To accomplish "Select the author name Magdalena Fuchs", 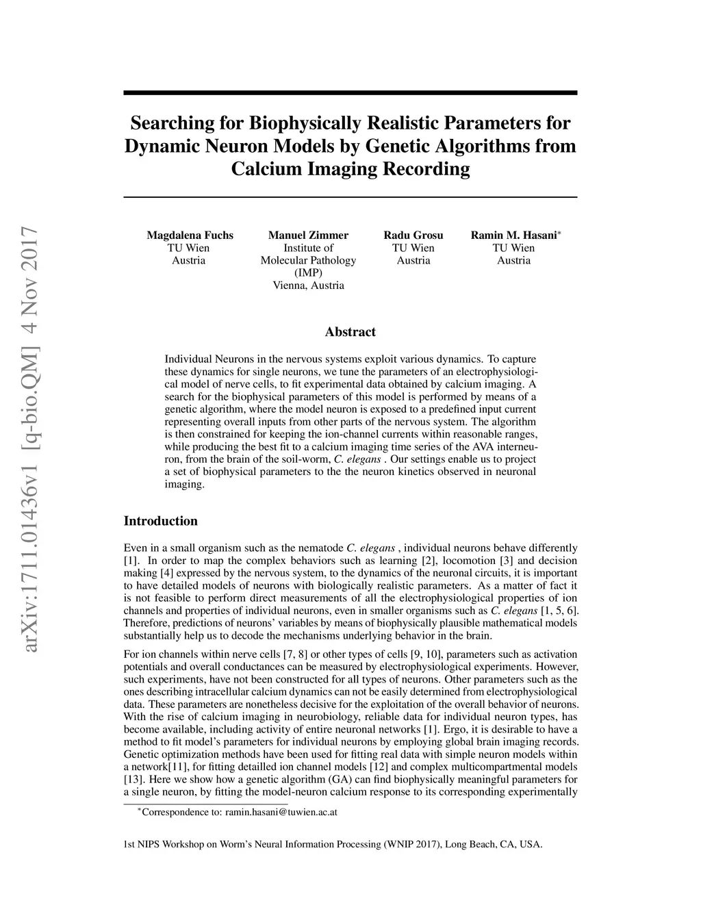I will [x=190, y=235].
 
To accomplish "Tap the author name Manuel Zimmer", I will [x=308, y=235].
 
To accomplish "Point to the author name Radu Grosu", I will [x=413, y=235].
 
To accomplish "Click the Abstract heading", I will [x=350, y=332].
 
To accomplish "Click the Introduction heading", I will [x=160, y=521].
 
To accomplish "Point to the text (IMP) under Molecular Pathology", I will [x=308, y=272].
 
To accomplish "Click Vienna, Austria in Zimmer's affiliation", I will [x=308, y=285].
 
